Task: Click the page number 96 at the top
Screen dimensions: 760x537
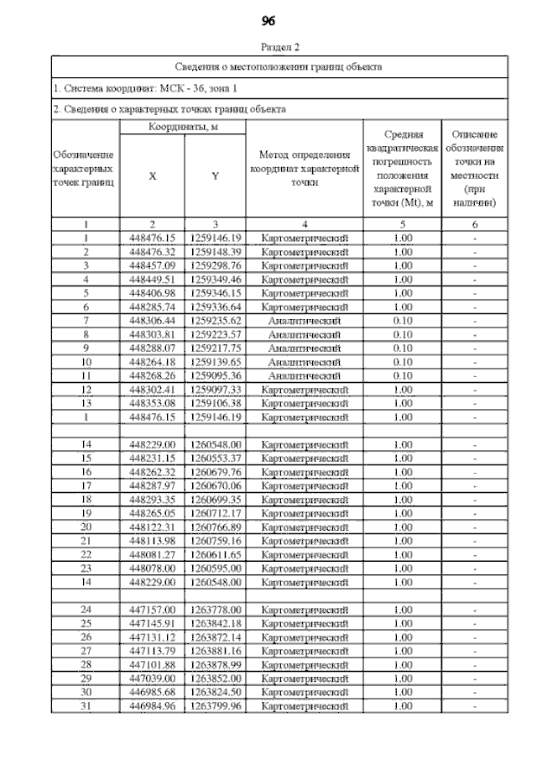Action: coord(268,20)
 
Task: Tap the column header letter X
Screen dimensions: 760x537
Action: coord(152,176)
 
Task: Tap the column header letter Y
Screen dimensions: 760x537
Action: coord(215,176)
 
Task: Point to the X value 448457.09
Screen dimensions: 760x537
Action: coord(152,265)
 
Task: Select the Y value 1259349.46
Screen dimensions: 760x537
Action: coord(216,279)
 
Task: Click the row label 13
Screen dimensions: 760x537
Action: coord(86,402)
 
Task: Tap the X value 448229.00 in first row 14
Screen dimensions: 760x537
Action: coord(152,443)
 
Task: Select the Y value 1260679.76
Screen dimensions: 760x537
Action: coord(216,471)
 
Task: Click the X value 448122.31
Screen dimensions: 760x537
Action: coord(152,527)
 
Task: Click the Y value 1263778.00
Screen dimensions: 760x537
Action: coord(216,609)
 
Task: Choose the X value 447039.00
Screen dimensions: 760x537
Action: coord(152,678)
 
